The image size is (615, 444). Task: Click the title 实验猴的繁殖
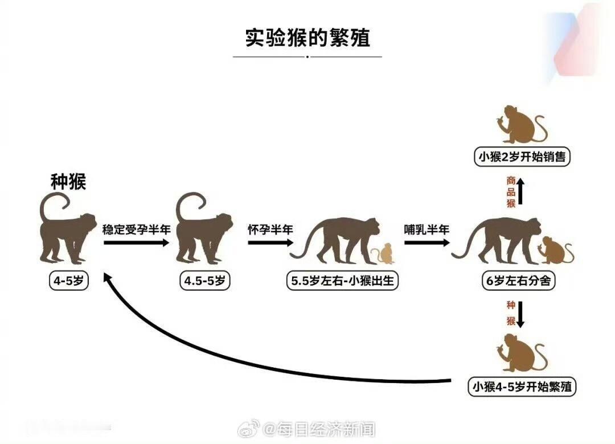[307, 38]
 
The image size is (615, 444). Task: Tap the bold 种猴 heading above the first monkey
[68, 182]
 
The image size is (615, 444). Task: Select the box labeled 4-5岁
[68, 281]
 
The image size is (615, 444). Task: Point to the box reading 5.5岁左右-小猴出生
[343, 281]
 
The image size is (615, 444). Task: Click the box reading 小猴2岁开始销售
[522, 157]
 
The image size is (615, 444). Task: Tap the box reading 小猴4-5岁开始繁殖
[522, 387]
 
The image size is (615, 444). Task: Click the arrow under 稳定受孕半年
[137, 242]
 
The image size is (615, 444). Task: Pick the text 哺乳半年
[427, 229]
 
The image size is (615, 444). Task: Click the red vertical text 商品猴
[511, 192]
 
